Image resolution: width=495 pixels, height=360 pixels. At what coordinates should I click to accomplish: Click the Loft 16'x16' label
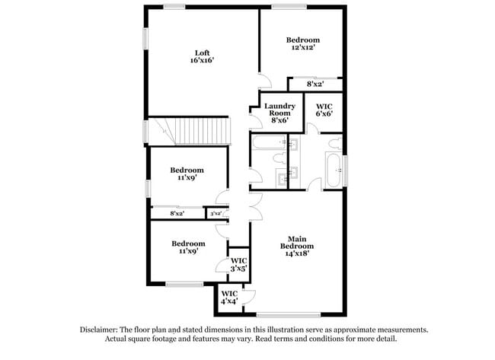point(201,56)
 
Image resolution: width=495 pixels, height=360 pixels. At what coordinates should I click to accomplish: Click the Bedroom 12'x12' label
point(302,43)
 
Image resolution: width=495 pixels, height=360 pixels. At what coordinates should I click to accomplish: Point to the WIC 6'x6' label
point(324,110)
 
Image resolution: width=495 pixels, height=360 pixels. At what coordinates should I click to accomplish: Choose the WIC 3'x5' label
point(239,263)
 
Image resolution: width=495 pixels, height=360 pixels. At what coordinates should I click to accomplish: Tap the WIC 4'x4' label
point(229,298)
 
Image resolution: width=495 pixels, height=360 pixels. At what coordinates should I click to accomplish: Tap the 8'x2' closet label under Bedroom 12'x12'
point(315,84)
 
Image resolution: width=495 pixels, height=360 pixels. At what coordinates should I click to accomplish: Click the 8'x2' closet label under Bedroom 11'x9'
point(177,214)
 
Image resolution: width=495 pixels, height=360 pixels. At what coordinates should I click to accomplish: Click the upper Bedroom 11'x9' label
point(187,174)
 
